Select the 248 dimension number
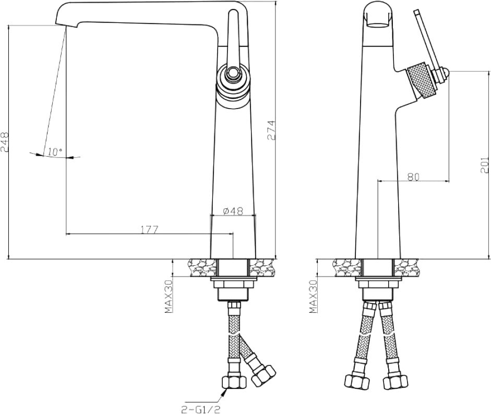point(5,142)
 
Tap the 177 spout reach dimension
point(149,230)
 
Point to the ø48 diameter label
point(233,211)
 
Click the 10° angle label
point(55,152)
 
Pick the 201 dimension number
point(484,165)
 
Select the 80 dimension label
point(413,177)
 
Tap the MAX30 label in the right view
point(313,297)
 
